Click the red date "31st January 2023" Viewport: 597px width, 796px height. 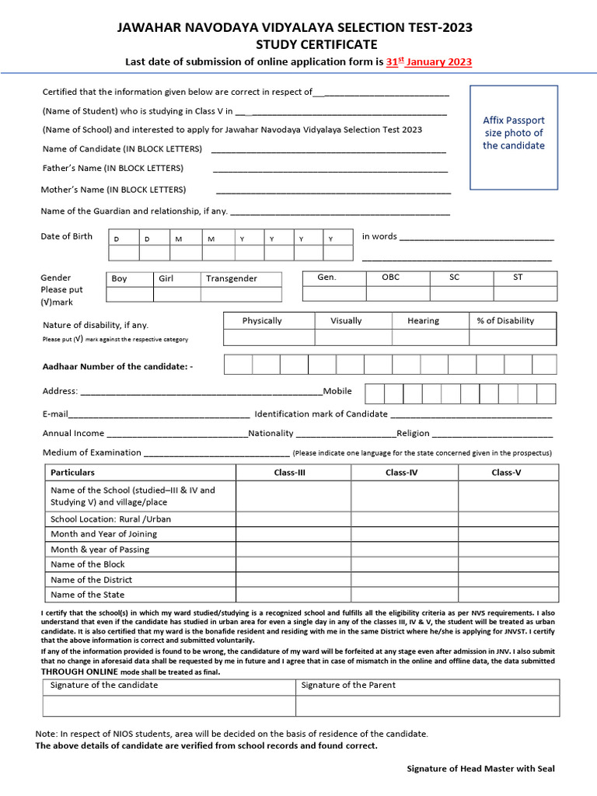(x=428, y=62)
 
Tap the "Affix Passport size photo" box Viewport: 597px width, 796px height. (x=514, y=138)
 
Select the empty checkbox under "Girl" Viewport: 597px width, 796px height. (x=176, y=294)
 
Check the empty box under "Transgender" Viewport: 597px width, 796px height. (x=242, y=294)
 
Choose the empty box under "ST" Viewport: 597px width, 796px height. (x=525, y=292)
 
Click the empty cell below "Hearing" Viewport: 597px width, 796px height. (x=430, y=337)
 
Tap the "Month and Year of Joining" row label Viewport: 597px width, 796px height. (x=103, y=534)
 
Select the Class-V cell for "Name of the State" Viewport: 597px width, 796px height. (x=508, y=595)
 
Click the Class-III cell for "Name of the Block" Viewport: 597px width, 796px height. (x=293, y=564)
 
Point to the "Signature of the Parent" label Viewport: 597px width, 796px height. (x=347, y=685)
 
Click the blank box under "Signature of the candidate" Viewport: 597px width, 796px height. (x=169, y=705)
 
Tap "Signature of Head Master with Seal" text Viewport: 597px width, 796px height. (x=481, y=769)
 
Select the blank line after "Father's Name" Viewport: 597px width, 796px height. (x=330, y=169)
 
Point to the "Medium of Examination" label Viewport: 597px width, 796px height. (x=92, y=452)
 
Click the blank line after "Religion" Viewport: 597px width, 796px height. (x=492, y=435)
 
